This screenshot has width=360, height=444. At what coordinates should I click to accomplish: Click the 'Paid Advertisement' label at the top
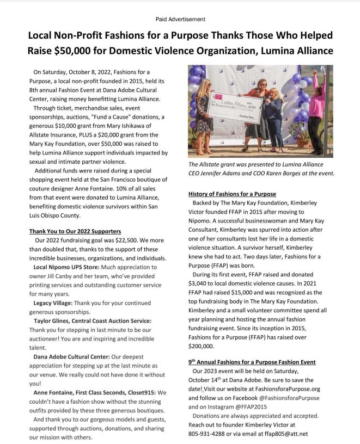tap(180, 19)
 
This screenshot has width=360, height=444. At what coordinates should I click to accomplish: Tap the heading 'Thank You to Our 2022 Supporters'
tap(75, 231)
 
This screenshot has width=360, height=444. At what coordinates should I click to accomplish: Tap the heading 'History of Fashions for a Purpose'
tap(232, 194)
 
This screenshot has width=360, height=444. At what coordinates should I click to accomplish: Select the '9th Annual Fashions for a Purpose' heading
tap(252, 362)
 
